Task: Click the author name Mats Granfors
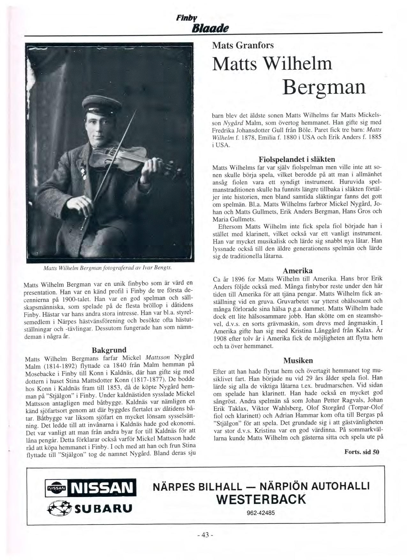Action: click(243, 45)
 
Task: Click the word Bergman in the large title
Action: click(324, 87)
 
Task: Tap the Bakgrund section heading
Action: click(109, 350)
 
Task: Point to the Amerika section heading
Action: click(298, 271)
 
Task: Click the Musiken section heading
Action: click(298, 360)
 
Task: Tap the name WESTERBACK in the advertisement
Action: click(261, 499)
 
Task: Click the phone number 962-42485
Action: click(261, 513)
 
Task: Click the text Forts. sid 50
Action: click(362, 452)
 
